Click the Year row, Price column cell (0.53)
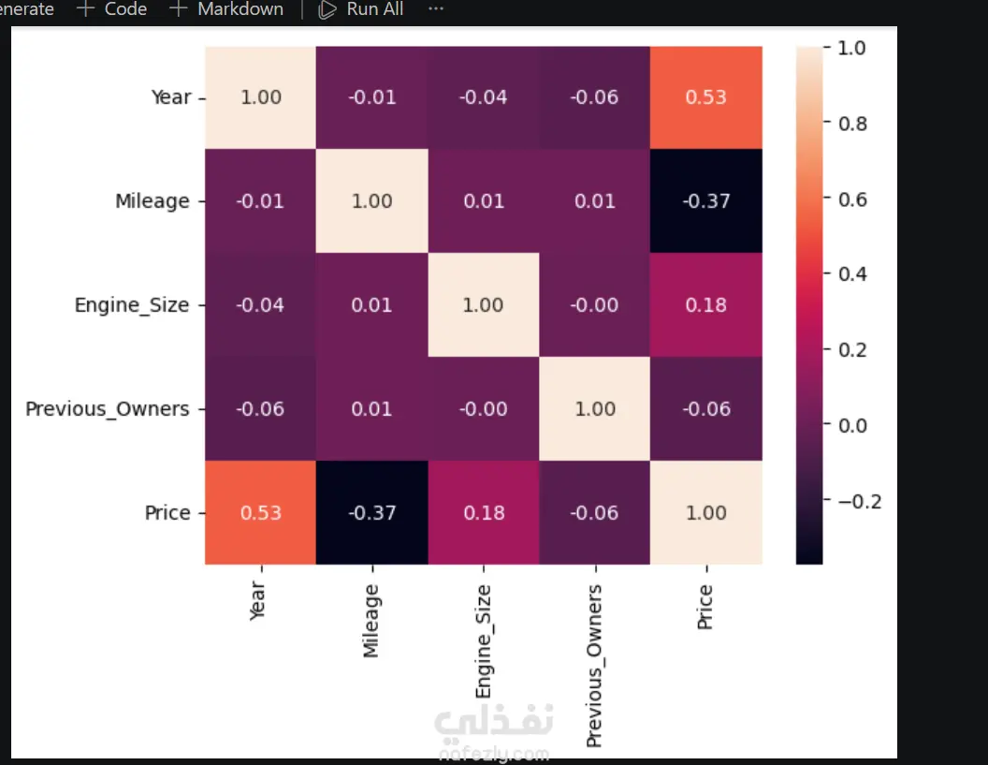point(705,97)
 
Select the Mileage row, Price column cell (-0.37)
point(705,200)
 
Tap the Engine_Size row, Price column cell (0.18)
point(705,304)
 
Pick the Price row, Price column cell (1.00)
point(705,512)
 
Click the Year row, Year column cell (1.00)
point(260,97)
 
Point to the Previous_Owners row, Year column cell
point(260,408)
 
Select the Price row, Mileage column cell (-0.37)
point(371,512)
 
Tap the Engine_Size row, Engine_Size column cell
point(484,304)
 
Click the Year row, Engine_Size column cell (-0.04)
point(484,97)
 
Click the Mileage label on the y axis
point(152,201)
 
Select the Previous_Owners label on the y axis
point(107,408)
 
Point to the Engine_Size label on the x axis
point(484,640)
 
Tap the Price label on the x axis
point(705,607)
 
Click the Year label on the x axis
point(257,601)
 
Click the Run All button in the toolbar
point(360,9)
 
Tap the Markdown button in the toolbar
point(226,9)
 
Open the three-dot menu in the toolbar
point(436,9)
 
